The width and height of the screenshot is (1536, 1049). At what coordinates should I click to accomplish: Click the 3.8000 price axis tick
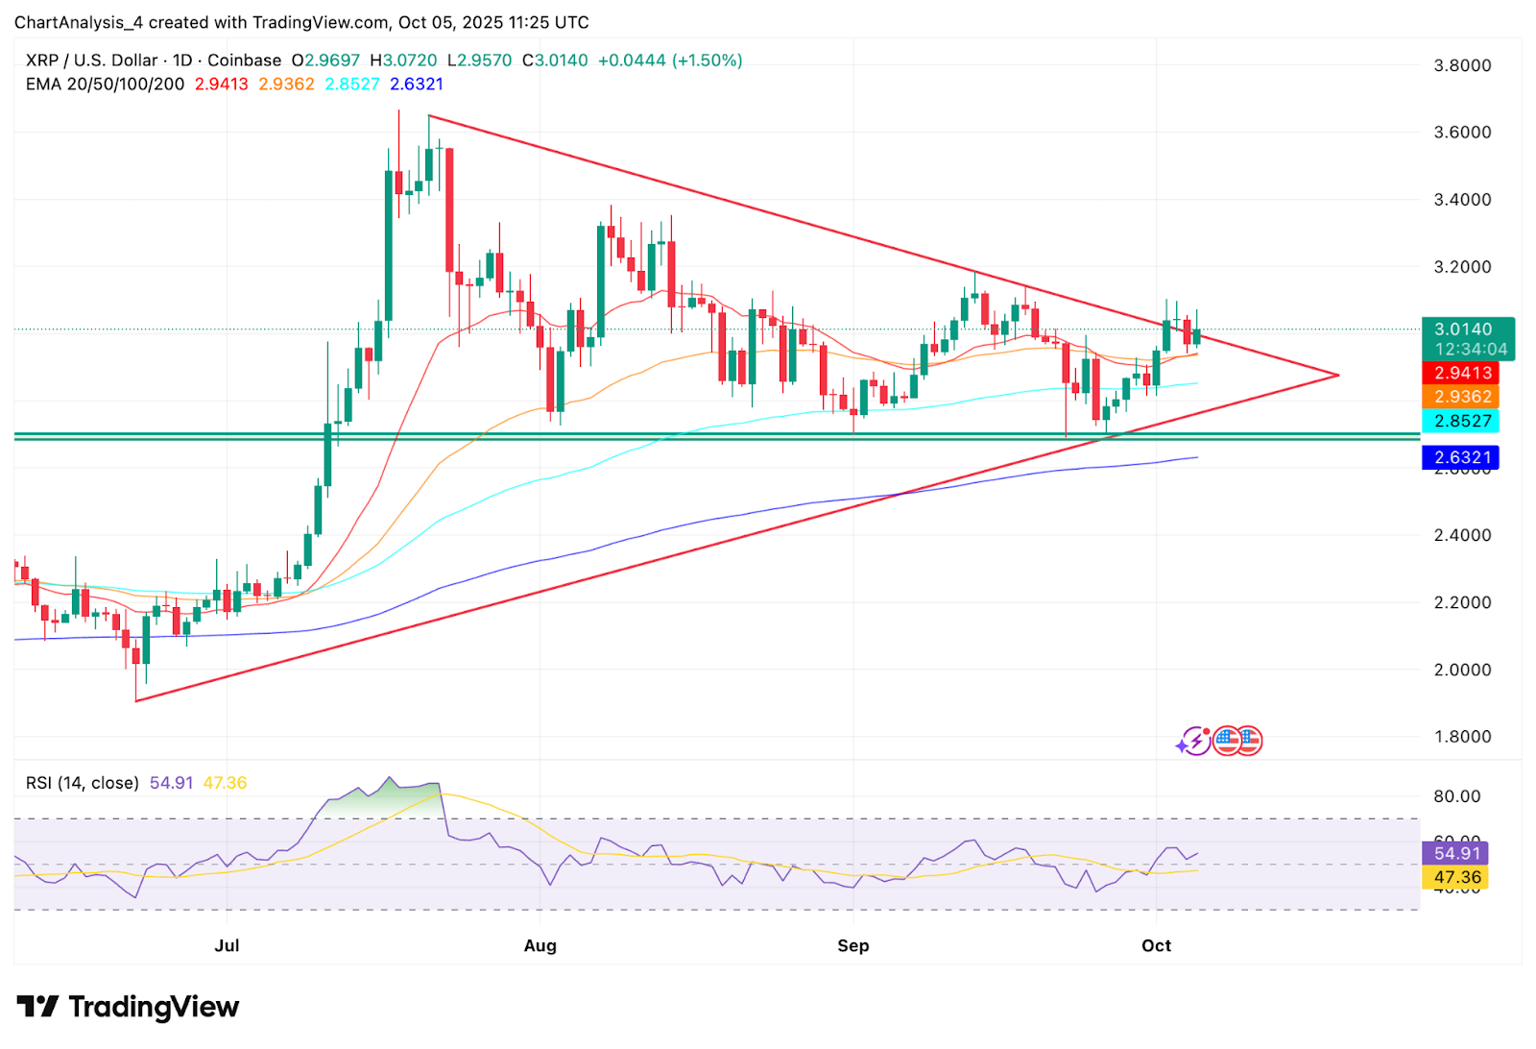1462,65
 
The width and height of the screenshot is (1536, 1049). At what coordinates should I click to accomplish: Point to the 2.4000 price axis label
1462,535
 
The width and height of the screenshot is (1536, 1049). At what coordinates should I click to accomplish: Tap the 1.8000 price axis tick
1462,737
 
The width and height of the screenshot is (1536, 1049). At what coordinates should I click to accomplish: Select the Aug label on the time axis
540,945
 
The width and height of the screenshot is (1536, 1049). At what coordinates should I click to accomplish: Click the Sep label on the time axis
852,945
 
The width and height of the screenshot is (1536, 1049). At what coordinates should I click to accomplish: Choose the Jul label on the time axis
227,945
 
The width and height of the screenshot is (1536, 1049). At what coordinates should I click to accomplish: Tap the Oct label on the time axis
1156,945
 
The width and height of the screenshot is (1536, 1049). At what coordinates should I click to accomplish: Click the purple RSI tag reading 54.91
1456,853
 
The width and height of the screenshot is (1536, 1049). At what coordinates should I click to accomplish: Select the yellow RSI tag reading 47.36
1456,877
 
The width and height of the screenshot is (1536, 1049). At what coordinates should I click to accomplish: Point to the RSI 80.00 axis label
1457,796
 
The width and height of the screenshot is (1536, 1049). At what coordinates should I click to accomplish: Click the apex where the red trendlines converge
1338,375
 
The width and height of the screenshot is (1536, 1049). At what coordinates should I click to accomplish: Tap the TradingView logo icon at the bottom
38,1007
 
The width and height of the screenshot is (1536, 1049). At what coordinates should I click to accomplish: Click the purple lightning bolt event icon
1194,741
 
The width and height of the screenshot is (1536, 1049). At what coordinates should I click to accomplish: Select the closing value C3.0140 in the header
555,61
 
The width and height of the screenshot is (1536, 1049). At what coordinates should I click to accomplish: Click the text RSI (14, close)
83,783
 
